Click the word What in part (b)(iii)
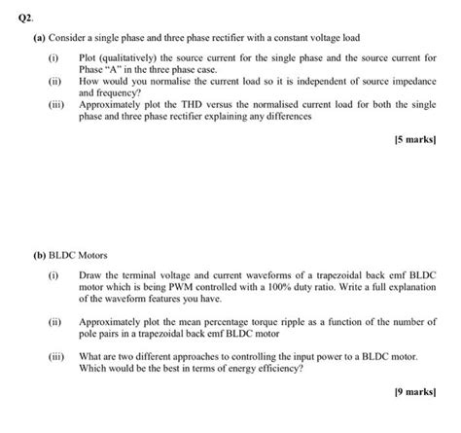tap(91, 355)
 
